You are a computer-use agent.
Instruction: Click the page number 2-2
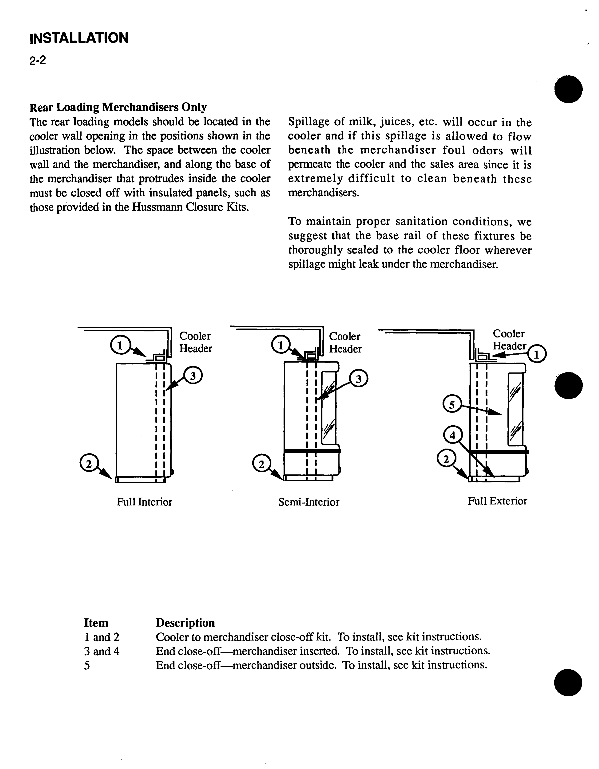tap(38, 61)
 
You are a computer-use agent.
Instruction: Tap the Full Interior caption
tap(144, 502)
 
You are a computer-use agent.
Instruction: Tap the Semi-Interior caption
tap(308, 502)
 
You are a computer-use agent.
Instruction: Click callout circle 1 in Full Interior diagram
tap(120, 345)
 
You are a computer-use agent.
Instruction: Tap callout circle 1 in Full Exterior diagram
tap(537, 354)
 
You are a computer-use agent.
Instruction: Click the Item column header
tap(96, 623)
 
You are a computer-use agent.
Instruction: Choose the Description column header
tap(185, 623)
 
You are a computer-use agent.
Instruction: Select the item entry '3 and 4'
tap(102, 651)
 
